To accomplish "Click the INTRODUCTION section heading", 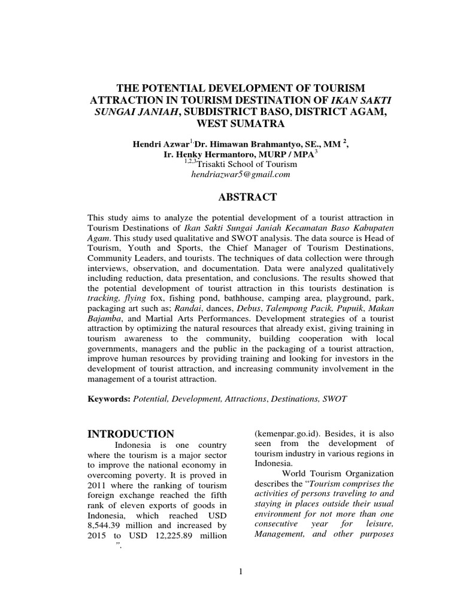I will (x=131, y=433).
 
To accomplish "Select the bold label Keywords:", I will (x=108, y=398).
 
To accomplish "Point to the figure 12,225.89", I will (x=174, y=536).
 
